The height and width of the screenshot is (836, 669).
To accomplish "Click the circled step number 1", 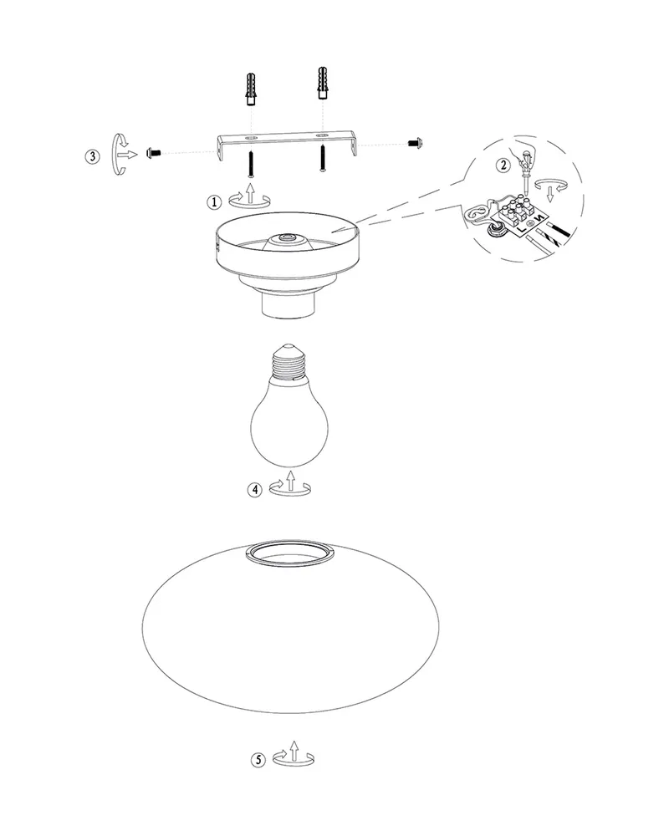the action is point(214,202).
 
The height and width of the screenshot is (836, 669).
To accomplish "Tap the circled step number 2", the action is point(503,166).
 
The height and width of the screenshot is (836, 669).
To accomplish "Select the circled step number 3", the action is point(92,157).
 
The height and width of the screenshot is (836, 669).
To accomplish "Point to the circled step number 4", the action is point(255,489).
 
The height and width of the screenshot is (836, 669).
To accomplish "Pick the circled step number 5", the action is point(258,760).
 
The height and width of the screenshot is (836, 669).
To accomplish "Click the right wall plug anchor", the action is point(322,83).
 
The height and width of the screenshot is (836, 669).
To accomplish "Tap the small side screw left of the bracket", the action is point(152,154).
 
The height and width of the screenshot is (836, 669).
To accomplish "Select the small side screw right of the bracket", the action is point(415,143).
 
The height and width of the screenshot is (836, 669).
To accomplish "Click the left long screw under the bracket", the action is point(251,163).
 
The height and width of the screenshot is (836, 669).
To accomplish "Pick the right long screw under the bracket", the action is point(322,158).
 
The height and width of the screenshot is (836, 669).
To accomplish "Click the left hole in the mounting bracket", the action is point(250,138).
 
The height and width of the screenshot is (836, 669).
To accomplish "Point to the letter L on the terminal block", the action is point(519,227).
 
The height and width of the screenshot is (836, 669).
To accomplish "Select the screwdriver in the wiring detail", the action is point(526,171).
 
